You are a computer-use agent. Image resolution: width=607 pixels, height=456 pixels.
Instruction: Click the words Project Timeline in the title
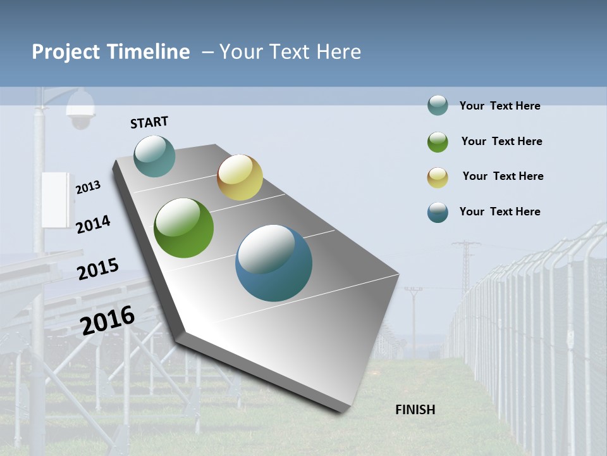point(111,52)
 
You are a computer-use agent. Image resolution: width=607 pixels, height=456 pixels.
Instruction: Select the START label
point(149,122)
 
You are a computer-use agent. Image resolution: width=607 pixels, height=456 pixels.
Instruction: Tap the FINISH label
point(415,410)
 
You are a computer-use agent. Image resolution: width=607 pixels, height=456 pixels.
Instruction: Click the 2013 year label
point(88,187)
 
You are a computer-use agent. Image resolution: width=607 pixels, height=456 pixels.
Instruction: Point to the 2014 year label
point(93,224)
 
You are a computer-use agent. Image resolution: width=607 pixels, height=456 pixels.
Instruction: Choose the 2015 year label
point(98,269)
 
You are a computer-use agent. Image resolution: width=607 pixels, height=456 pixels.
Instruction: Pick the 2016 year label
point(107,320)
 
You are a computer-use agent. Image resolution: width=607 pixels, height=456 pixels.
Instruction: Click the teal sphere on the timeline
point(154,156)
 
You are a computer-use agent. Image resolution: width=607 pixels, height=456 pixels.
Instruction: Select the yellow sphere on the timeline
point(240,177)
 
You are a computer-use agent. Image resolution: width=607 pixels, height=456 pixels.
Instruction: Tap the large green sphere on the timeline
point(183,228)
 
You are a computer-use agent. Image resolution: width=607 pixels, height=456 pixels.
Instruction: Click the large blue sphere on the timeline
point(274,263)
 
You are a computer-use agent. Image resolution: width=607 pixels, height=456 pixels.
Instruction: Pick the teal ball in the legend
point(438,106)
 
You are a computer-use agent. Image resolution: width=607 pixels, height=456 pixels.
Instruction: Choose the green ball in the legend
point(438,142)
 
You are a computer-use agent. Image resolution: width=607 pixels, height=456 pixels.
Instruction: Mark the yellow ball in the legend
point(438,177)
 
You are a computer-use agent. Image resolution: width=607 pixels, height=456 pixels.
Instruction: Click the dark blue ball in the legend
point(438,212)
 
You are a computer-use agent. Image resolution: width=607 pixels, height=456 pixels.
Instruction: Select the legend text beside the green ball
point(501,141)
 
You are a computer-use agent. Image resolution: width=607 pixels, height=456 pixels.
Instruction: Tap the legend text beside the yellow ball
point(503,176)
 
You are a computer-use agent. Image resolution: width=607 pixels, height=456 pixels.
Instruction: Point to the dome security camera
point(80,110)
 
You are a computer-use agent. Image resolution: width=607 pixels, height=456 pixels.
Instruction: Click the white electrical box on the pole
point(56,199)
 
